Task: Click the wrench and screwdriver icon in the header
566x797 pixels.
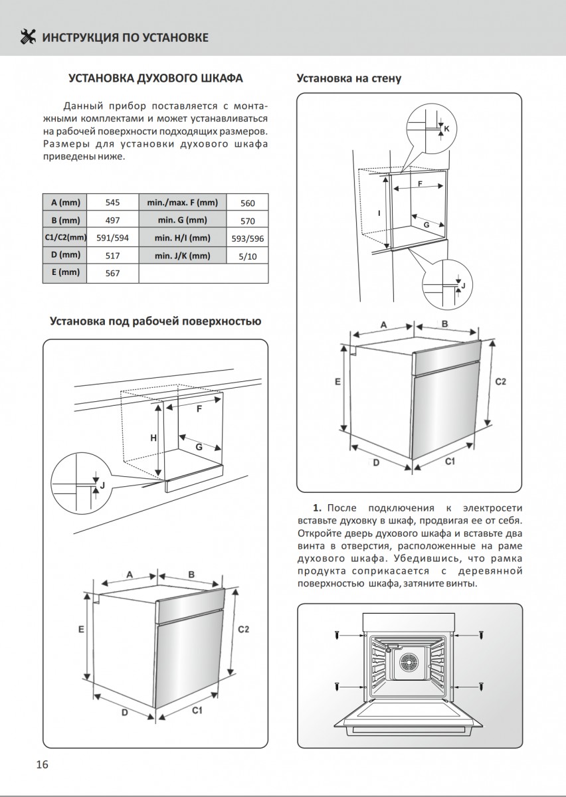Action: (29, 37)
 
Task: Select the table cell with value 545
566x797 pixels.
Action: (112, 203)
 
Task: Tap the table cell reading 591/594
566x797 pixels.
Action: (112, 238)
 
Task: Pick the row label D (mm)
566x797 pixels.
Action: (64, 255)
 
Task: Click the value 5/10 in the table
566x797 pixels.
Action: (247, 256)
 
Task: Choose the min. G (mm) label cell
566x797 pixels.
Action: (182, 221)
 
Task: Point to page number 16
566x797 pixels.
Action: (42, 764)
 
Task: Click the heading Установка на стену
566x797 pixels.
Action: (349, 78)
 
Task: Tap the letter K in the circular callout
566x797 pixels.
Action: (446, 128)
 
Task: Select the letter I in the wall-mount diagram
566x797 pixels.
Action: (379, 213)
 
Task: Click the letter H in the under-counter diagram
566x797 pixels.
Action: (153, 438)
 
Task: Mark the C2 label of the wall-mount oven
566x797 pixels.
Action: (502, 382)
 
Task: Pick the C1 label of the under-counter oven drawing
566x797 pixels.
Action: (197, 711)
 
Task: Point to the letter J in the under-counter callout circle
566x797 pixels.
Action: (102, 486)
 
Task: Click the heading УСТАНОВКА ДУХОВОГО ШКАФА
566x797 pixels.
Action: (156, 78)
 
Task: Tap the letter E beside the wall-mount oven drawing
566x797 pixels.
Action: (337, 382)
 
